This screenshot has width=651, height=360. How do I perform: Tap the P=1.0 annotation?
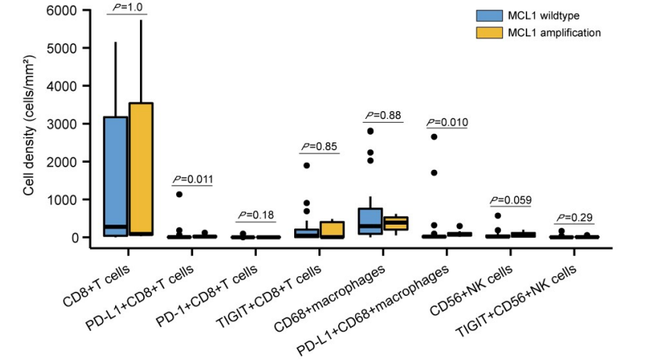(128, 7)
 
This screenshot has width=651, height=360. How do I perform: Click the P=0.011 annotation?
(192, 179)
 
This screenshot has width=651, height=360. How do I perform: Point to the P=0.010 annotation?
(446, 123)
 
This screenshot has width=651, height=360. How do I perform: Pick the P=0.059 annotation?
(510, 200)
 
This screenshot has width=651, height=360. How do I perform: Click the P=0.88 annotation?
(383, 116)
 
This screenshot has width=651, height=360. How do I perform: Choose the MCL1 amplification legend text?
(554, 33)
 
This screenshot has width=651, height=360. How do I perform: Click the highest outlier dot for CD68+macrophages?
(371, 131)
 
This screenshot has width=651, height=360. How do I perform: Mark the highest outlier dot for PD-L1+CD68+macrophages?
(434, 137)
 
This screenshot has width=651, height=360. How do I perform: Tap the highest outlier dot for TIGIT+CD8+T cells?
(307, 166)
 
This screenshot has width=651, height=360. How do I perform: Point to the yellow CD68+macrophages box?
(395, 223)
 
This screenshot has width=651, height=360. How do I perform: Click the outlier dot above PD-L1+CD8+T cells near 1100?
(179, 194)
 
